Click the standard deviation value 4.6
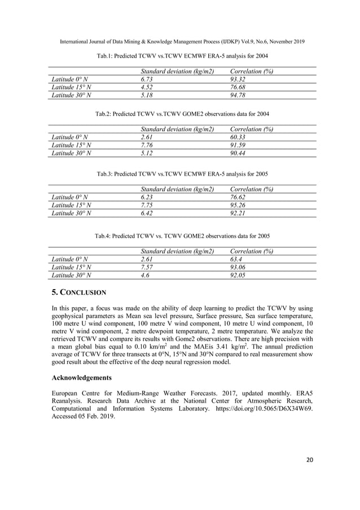pyautogui.click(x=145, y=275)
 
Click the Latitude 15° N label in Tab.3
pyautogui.click(x=72, y=205)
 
